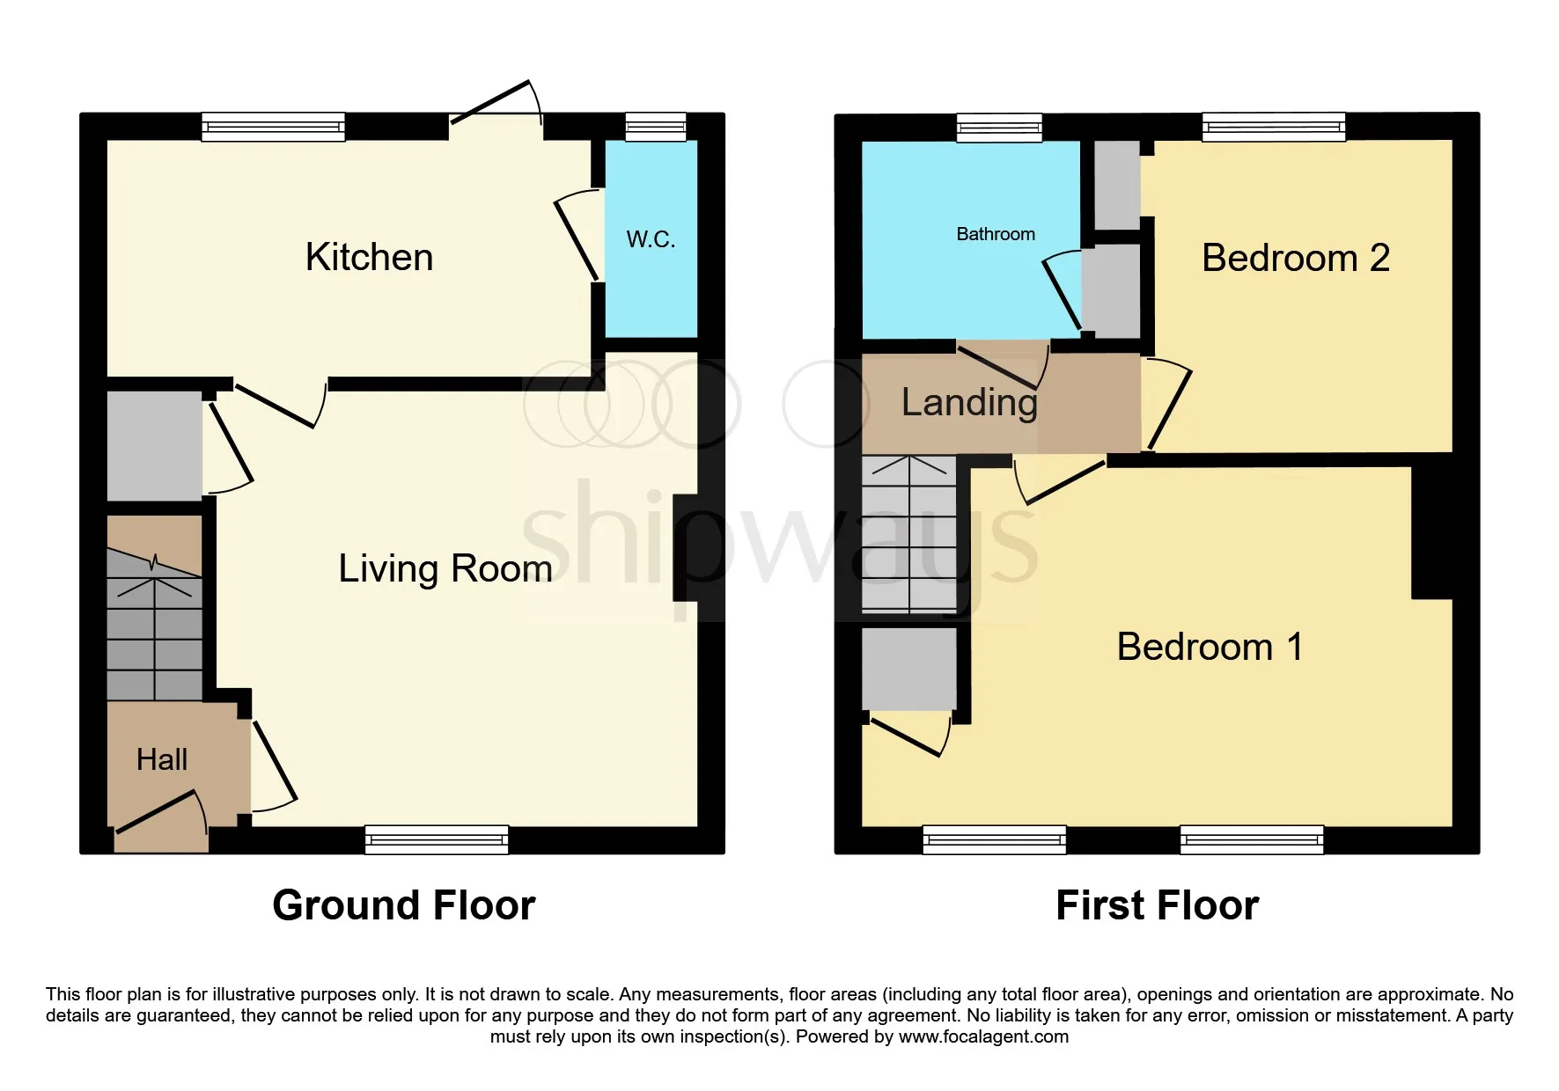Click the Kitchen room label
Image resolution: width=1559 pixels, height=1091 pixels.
click(x=369, y=257)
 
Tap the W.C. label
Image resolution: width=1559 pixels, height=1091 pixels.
click(x=651, y=239)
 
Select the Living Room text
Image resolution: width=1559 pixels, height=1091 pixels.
click(x=445, y=568)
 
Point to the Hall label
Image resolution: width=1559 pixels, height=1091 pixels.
click(x=162, y=759)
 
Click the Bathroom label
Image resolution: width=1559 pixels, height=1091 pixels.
click(x=996, y=234)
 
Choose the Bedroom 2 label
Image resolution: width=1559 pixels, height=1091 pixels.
click(x=1296, y=258)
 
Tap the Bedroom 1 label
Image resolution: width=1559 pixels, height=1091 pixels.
click(x=1210, y=647)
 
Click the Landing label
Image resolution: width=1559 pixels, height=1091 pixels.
click(x=969, y=403)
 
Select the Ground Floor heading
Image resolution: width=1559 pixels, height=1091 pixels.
click(x=404, y=905)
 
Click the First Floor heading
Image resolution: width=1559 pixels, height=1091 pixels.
click(x=1158, y=905)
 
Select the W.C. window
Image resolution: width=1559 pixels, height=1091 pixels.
click(x=656, y=127)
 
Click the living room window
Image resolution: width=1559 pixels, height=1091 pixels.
click(x=437, y=839)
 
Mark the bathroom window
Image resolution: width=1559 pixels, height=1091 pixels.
click(x=1000, y=128)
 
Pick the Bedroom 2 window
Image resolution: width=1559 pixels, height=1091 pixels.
click(x=1275, y=127)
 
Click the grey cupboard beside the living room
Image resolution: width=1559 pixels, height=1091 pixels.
click(x=155, y=445)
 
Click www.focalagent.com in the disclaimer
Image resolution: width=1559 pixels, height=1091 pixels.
click(x=983, y=1036)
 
